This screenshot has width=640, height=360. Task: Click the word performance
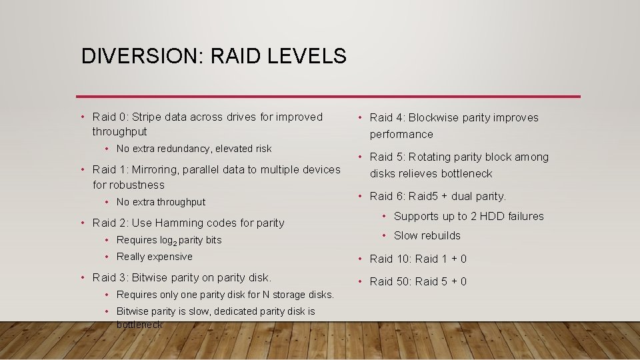[x=401, y=134]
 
